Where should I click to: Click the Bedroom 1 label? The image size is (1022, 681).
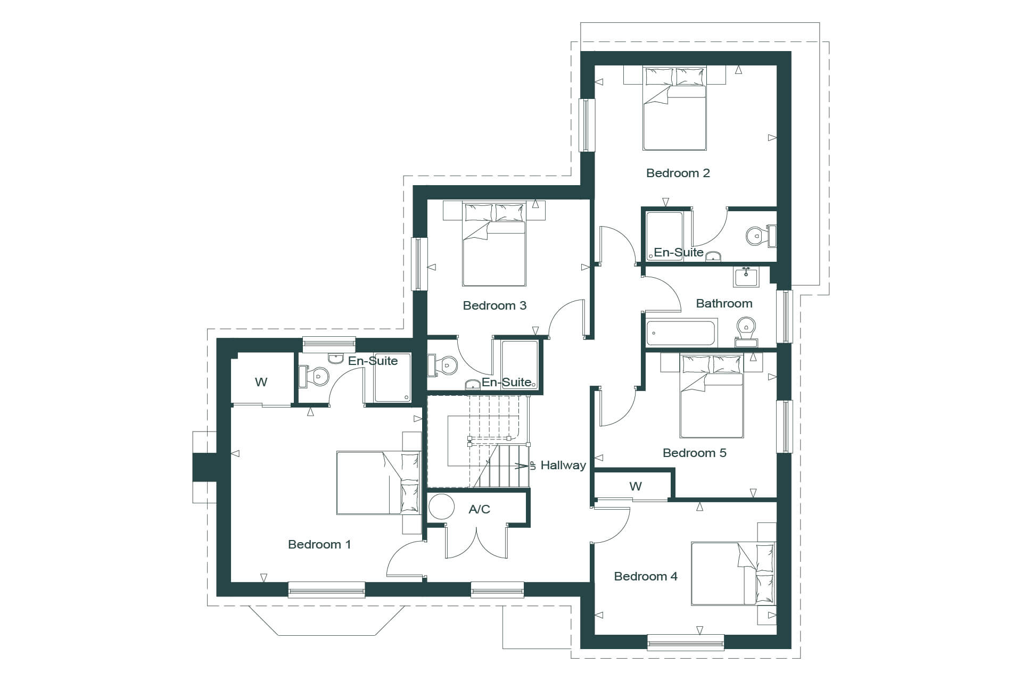pyautogui.click(x=319, y=544)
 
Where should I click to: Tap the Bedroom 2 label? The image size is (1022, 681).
pyautogui.click(x=678, y=173)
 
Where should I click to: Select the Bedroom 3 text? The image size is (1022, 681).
pyautogui.click(x=494, y=305)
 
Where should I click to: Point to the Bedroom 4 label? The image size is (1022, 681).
pyautogui.click(x=646, y=576)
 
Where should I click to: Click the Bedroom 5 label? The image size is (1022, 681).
pyautogui.click(x=695, y=453)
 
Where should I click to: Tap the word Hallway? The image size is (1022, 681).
pyautogui.click(x=563, y=465)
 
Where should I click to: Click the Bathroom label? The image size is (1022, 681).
pyautogui.click(x=724, y=303)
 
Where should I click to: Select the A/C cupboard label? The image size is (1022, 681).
pyautogui.click(x=479, y=509)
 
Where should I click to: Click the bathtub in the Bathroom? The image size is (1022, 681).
pyautogui.click(x=681, y=333)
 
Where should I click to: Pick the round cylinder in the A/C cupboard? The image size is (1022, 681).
pyautogui.click(x=441, y=506)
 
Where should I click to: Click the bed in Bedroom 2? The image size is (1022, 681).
pyautogui.click(x=674, y=109)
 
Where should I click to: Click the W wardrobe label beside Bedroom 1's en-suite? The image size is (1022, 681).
pyautogui.click(x=261, y=382)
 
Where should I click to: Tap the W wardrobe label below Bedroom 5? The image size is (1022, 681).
pyautogui.click(x=636, y=486)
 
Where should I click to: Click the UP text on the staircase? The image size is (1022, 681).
pyautogui.click(x=532, y=466)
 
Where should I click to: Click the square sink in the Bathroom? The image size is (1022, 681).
pyautogui.click(x=746, y=277)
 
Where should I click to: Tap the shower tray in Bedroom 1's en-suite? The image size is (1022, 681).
pyautogui.click(x=393, y=377)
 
